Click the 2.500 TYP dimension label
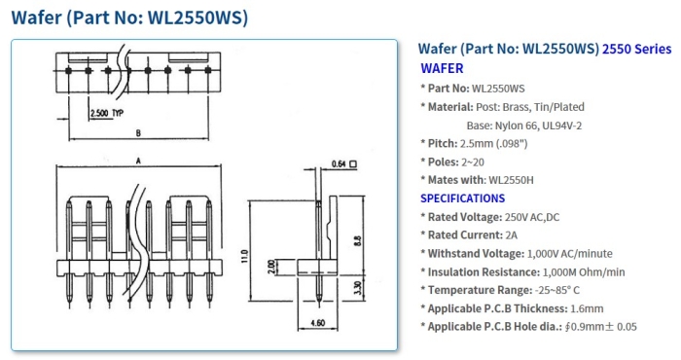coord(105,114)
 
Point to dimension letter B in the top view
coord(139,132)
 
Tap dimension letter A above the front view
coord(139,160)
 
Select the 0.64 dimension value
coord(340,163)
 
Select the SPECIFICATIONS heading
coord(462,198)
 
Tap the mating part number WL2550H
coord(511,180)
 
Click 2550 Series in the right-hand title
coord(637,48)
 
